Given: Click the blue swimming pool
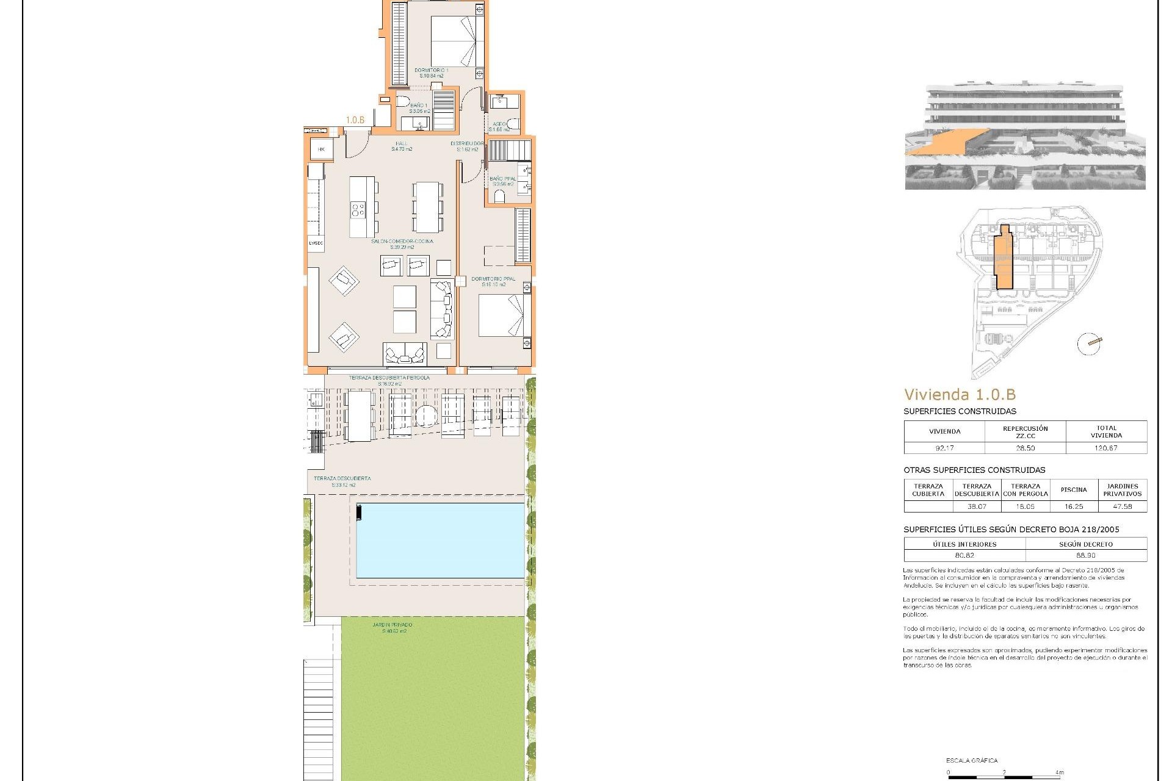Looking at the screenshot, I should click(x=440, y=540).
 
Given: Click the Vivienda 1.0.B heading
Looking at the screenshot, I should click(x=960, y=395).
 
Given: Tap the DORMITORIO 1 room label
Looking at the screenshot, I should click(x=431, y=73).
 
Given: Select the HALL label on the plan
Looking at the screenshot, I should click(x=402, y=146).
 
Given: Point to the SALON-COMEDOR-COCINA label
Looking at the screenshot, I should click(x=402, y=244).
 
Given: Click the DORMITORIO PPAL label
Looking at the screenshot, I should click(x=493, y=281).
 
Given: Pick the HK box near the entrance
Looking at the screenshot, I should click(x=321, y=149).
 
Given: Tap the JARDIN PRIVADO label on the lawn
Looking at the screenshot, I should click(x=392, y=628).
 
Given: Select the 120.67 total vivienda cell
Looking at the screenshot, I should click(x=1106, y=448).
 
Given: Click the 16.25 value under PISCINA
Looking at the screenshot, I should click(x=1073, y=506).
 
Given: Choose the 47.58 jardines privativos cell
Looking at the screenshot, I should click(x=1122, y=506).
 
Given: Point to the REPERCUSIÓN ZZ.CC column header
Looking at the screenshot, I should click(x=1025, y=432).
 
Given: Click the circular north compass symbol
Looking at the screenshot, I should click(x=1089, y=344).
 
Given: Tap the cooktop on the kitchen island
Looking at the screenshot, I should click(x=358, y=211).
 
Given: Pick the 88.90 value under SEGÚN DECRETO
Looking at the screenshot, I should click(x=1086, y=555).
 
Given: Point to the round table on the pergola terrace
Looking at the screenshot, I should click(x=426, y=417).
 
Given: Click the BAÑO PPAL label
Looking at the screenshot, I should click(x=502, y=181).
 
